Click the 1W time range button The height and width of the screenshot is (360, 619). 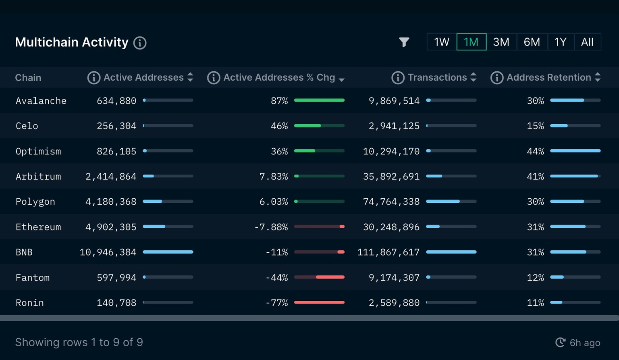(441, 42)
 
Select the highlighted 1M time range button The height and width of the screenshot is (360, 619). (471, 42)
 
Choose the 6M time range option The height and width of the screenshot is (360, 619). (532, 42)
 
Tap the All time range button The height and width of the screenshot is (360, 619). (587, 42)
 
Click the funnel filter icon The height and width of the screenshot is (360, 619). (404, 42)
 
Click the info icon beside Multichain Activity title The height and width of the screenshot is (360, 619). (140, 43)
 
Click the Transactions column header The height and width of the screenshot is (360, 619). (437, 77)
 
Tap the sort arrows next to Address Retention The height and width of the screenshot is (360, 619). (598, 77)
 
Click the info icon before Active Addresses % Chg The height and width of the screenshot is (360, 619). (214, 78)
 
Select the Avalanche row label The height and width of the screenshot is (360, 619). (41, 101)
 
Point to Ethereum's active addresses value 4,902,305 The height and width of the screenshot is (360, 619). (111, 227)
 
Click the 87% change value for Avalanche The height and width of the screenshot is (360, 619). (279, 101)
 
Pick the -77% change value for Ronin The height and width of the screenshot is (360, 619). (276, 303)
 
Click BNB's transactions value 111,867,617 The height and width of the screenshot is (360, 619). (388, 252)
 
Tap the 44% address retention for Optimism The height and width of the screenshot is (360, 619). (535, 152)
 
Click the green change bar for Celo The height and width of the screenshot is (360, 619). (307, 126)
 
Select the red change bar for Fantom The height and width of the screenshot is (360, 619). (330, 277)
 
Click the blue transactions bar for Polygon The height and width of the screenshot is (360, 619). (442, 201)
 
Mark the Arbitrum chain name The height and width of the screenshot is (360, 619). (38, 177)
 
